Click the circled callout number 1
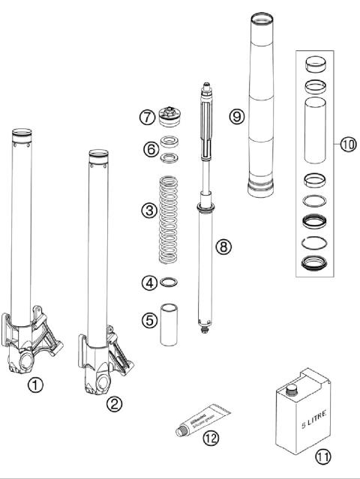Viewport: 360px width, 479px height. (36, 385)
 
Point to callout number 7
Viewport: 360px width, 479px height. (148, 118)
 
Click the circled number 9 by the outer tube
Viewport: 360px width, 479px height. (237, 116)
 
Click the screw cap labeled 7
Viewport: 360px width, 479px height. (178, 118)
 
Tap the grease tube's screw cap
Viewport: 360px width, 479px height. (181, 432)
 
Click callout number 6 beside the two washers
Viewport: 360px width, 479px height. (149, 150)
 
